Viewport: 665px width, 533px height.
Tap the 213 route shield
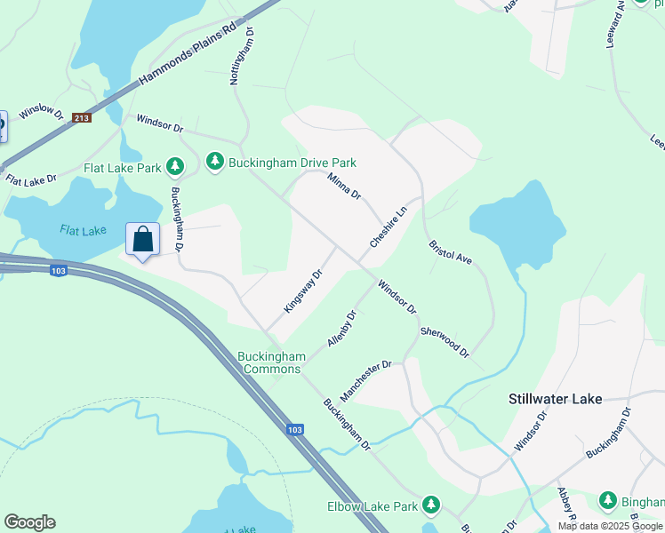point(82,117)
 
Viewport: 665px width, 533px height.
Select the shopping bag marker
point(143,240)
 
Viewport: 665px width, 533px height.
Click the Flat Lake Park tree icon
point(175,166)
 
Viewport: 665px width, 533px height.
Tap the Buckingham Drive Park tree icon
point(214,162)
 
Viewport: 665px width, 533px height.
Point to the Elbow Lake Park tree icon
point(431,505)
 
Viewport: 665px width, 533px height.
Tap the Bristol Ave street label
point(450,252)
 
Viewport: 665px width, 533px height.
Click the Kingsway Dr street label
point(302,291)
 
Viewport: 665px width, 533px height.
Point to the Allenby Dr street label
point(341,329)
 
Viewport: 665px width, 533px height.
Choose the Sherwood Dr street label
point(444,341)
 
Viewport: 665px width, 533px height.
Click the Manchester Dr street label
point(365,379)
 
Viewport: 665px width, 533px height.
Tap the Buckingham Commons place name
point(272,362)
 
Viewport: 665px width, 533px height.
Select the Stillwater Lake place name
point(555,399)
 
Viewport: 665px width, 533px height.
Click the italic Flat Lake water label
point(83,230)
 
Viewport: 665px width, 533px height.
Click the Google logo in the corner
point(29,521)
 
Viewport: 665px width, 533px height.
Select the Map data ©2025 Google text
point(609,526)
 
